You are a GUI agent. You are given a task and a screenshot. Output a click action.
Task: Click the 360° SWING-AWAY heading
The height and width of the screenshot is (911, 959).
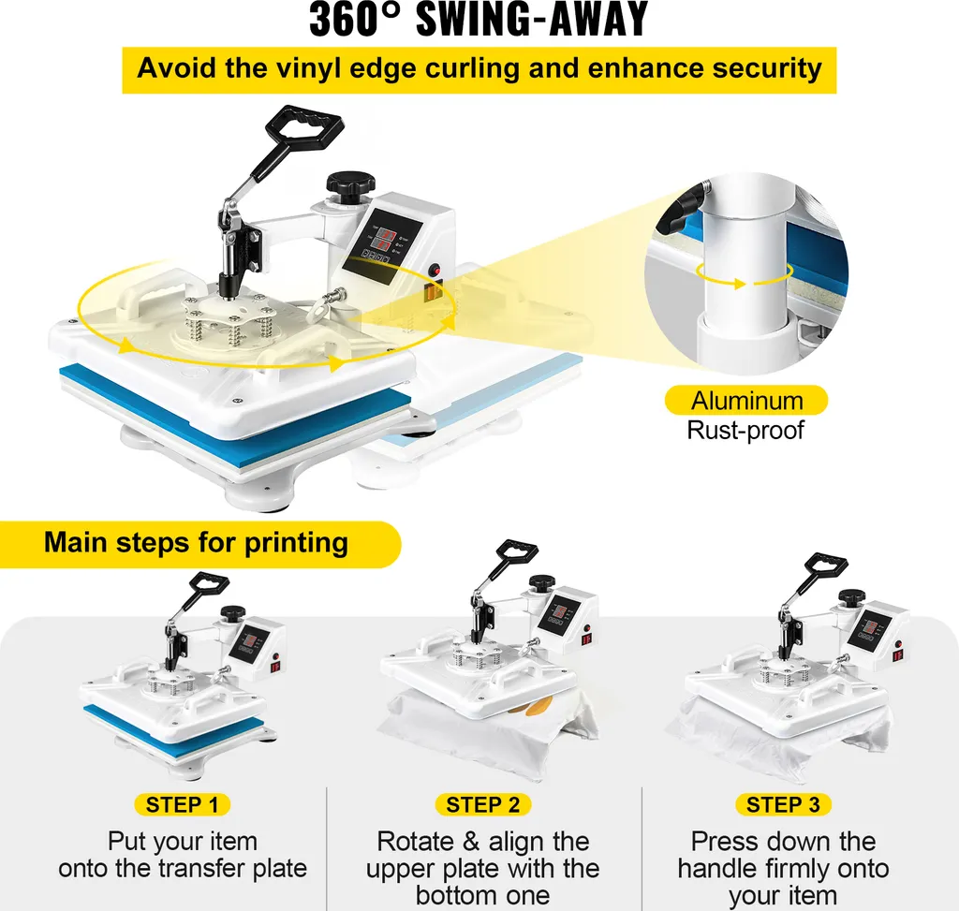[479, 20]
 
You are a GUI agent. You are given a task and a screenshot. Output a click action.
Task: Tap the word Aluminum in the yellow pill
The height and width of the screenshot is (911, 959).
[746, 401]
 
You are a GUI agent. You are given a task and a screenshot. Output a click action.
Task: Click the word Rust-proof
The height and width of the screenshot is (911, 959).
[745, 430]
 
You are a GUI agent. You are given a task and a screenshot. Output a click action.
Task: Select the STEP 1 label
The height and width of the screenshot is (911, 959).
[182, 804]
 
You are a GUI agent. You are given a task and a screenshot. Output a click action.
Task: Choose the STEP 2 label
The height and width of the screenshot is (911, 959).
[482, 804]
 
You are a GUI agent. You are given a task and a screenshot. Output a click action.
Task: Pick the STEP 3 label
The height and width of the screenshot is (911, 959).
[783, 804]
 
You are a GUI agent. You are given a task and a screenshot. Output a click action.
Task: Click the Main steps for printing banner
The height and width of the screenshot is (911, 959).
[196, 543]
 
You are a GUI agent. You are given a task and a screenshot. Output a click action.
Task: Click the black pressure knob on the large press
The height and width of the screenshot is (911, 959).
[350, 185]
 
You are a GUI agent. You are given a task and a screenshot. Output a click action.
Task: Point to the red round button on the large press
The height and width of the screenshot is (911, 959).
[435, 270]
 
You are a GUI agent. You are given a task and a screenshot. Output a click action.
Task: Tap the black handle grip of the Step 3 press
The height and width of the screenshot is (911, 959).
[826, 563]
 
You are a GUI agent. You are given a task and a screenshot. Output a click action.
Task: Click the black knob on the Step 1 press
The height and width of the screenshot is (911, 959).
[233, 612]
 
